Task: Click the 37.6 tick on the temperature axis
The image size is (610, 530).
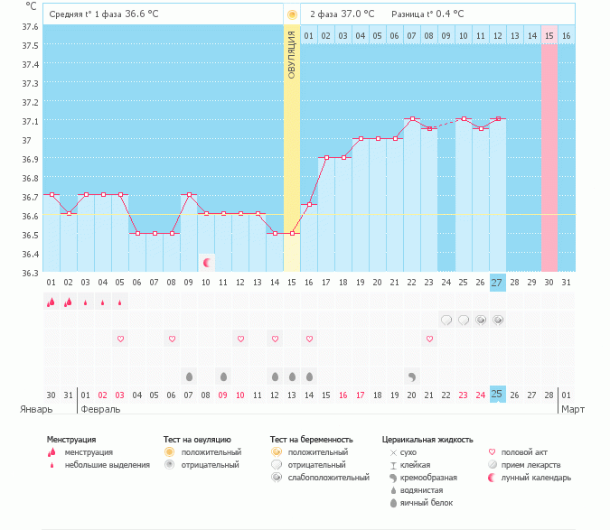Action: [x=30, y=25]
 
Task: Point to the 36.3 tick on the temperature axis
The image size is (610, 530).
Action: [x=30, y=273]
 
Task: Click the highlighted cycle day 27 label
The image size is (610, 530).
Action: [x=498, y=283]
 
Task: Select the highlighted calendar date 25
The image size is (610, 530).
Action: [x=498, y=395]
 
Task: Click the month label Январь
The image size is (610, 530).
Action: [x=36, y=409]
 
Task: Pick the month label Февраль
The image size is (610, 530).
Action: [x=99, y=409]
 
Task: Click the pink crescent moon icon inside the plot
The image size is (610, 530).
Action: [x=208, y=263]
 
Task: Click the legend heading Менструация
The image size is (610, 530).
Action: [x=70, y=440]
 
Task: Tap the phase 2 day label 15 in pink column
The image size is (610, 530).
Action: [x=549, y=35]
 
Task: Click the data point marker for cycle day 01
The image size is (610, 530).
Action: [x=52, y=194]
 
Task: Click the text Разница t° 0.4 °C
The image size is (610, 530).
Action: [x=427, y=14]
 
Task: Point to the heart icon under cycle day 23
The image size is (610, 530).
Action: [x=429, y=339]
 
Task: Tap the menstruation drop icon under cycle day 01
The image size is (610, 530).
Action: [x=52, y=302]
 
